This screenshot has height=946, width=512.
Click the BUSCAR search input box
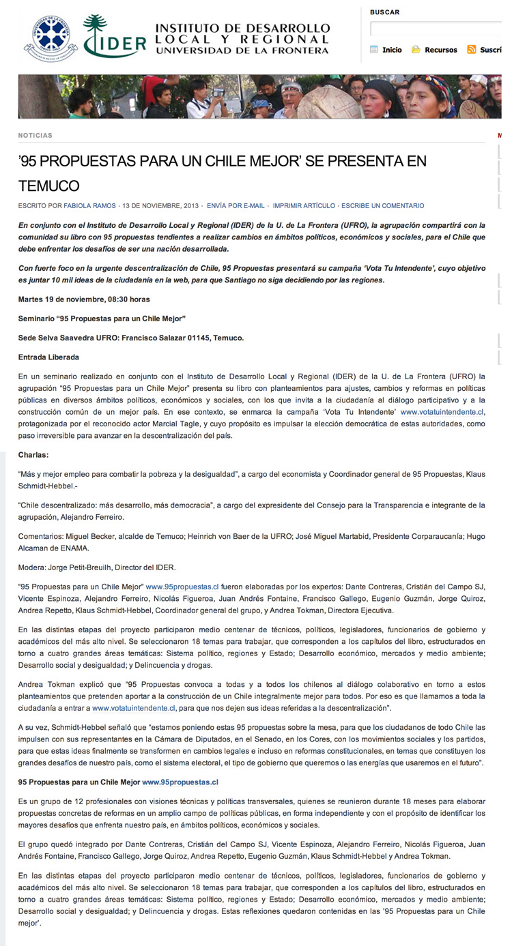pos(437,29)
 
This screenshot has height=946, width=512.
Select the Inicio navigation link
pos(392,50)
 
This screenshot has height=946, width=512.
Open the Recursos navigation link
pos(440,50)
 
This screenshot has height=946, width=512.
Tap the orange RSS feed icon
pos(472,50)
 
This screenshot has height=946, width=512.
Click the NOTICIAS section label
pos(35,136)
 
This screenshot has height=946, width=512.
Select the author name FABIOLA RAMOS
pos(91,206)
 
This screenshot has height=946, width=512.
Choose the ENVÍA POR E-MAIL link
pos(236,206)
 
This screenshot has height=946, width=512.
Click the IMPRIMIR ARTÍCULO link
pos(304,206)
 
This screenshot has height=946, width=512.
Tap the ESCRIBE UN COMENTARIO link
pos(382,206)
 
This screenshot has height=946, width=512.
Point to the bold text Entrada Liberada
pos(48,357)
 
